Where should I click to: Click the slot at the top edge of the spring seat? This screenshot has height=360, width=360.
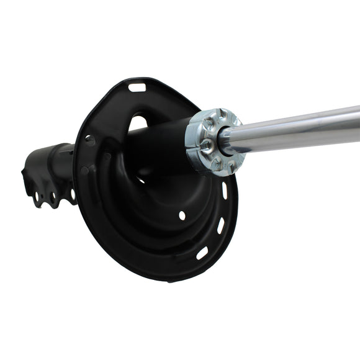pos(137,88)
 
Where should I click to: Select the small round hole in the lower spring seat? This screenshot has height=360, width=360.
pos(182,215)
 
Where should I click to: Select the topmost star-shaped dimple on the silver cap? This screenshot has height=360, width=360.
pos(220,116)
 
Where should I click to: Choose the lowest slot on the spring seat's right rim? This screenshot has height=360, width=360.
pos(202,253)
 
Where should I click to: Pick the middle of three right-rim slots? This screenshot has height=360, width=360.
pos(220,225)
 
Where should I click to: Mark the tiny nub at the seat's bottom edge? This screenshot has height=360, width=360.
pos(169,281)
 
